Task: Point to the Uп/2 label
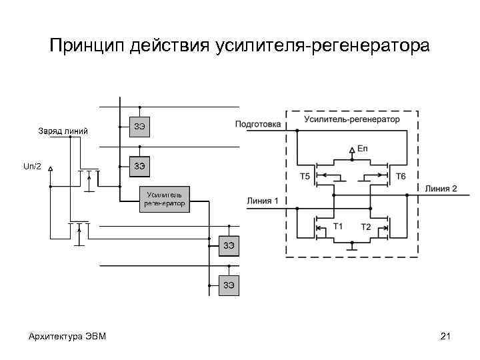pos(32,166)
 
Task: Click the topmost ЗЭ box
pos(140,126)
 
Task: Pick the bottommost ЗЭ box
pos(229,285)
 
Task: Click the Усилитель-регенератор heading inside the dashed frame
pos(352,119)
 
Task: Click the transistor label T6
pos(401,177)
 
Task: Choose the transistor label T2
pos(366,227)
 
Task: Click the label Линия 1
pos(262,200)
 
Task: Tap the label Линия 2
pos(441,189)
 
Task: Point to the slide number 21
pos(445,336)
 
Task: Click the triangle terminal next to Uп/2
pos(50,169)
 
